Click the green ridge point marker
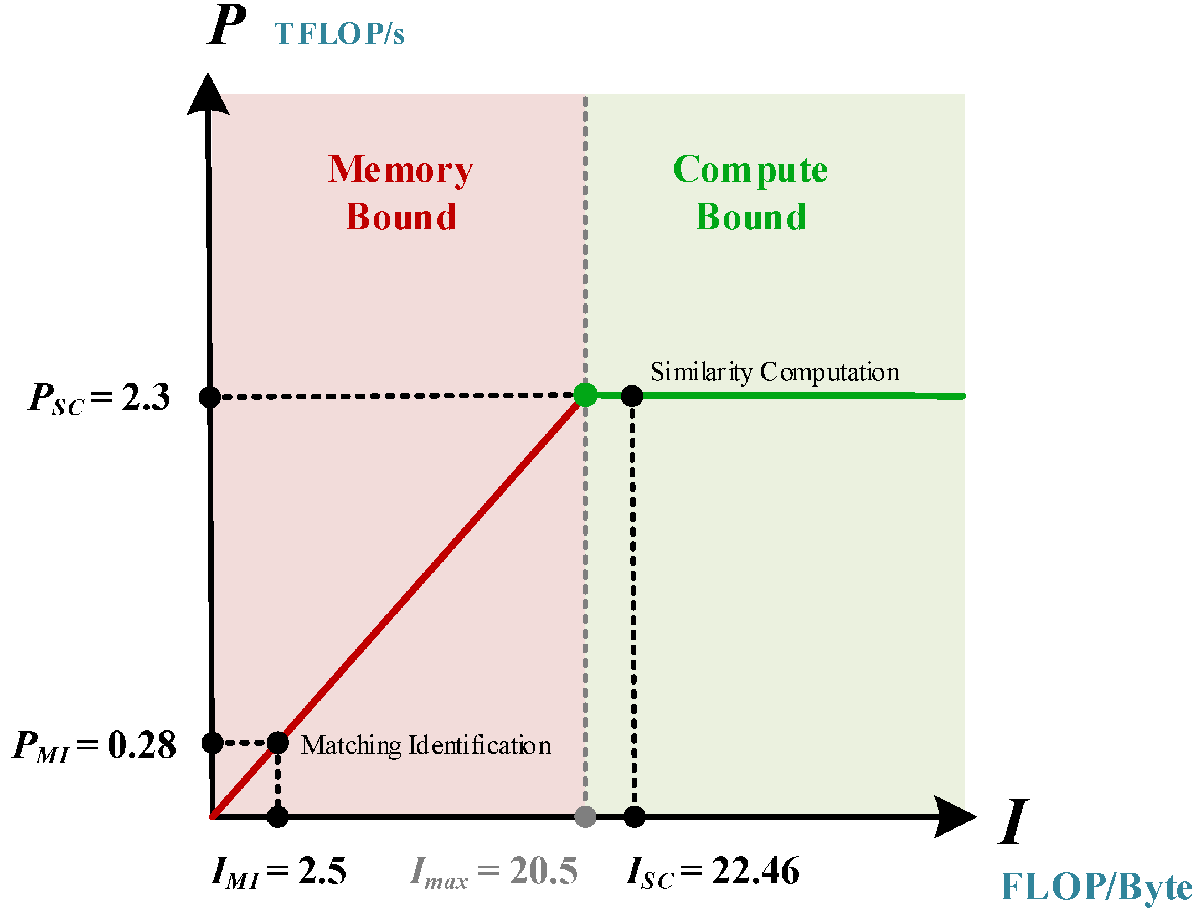(x=585, y=395)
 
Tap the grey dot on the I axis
(x=585, y=816)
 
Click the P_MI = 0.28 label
(x=94, y=745)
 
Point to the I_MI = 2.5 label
(x=279, y=871)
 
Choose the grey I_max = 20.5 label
(x=493, y=871)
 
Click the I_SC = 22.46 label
(x=713, y=871)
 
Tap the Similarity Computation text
(x=775, y=372)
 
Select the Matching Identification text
(x=426, y=745)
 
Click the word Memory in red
(x=401, y=169)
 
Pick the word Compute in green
(x=750, y=169)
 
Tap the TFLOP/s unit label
(x=339, y=34)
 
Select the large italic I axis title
(x=1014, y=822)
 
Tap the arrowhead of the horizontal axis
(x=953, y=817)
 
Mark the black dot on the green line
(x=632, y=395)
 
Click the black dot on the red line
(x=278, y=743)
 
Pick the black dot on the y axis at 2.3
(x=210, y=397)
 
